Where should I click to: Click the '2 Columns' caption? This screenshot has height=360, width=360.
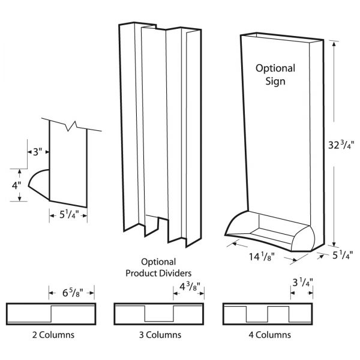point(50,335)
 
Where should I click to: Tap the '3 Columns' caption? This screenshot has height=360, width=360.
point(159,335)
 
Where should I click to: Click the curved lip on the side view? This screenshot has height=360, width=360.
point(38,185)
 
